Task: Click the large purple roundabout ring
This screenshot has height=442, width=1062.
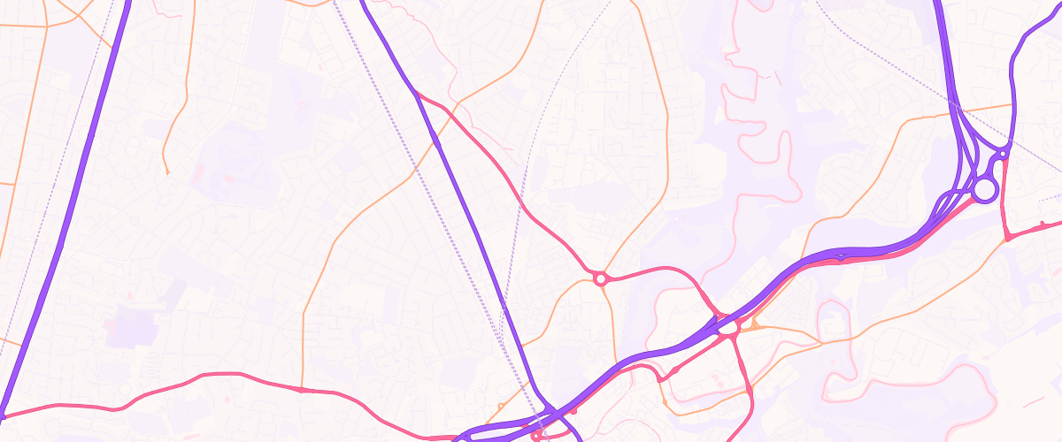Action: click(984, 190)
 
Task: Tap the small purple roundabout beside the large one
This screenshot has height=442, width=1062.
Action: click(1003, 156)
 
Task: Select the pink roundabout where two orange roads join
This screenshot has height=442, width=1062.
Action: click(601, 279)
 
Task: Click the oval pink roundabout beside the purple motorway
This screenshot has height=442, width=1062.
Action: click(728, 327)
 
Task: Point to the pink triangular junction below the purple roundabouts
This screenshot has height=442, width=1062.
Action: click(1007, 238)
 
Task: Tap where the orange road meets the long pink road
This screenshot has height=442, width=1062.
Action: click(302, 389)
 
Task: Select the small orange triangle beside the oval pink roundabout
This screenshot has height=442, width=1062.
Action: click(754, 325)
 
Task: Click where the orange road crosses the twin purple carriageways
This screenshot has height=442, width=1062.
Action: click(960, 110)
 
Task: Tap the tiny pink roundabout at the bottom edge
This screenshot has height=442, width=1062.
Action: click(537, 435)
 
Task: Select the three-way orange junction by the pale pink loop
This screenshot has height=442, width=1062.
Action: click(821, 341)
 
